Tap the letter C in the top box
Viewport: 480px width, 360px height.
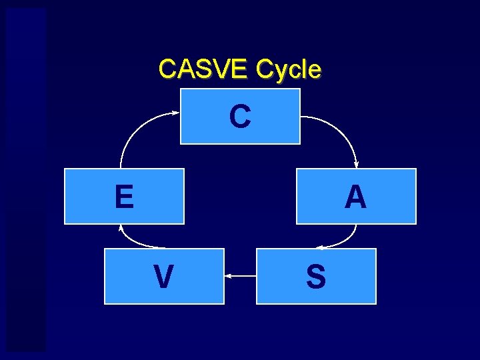point(240,116)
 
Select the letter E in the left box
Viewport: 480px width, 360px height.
point(124,197)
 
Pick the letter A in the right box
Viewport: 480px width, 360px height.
point(356,197)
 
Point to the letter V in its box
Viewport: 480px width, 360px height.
point(163,277)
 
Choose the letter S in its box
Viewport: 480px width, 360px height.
point(316,277)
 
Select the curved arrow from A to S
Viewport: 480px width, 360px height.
point(347,240)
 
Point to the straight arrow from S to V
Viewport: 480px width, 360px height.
point(241,275)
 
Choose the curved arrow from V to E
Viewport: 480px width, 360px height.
point(133,241)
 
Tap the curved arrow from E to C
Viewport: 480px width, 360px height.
point(137,130)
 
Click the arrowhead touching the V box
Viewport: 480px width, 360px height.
point(228,275)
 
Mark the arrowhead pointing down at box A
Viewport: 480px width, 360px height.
point(357,165)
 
